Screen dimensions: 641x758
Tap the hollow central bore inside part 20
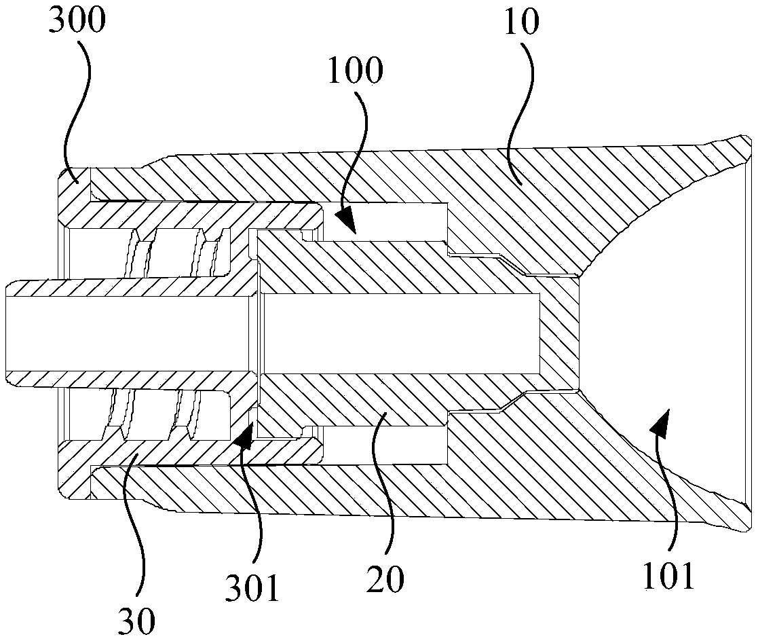(400, 333)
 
